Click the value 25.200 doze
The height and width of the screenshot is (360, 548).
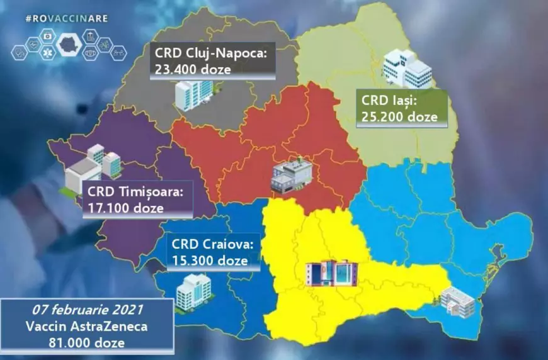click(399, 115)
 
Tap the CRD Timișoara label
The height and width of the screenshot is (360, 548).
click(135, 191)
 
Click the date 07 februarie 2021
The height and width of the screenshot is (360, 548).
click(86, 312)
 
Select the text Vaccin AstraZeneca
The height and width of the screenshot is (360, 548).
click(87, 327)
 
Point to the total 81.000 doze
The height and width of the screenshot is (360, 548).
click(86, 342)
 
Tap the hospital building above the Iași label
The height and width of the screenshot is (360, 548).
click(407, 68)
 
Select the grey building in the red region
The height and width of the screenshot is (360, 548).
click(291, 174)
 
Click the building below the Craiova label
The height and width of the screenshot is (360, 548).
click(193, 291)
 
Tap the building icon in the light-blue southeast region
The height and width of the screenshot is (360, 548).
click(458, 300)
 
